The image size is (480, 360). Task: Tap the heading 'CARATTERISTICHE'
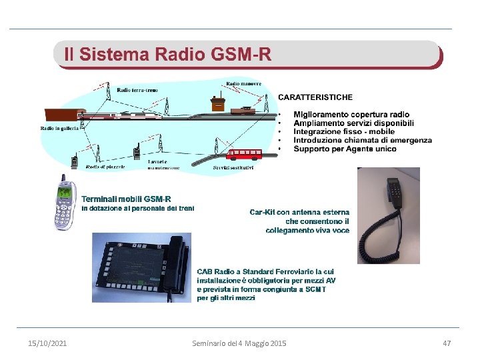[315, 97]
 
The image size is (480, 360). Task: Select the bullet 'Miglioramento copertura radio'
[351, 115]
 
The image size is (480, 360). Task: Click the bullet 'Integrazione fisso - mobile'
[344, 132]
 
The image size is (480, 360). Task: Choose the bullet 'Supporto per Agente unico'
[345, 149]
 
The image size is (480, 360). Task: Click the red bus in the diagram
[245, 155]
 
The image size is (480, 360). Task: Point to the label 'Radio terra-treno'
[137, 90]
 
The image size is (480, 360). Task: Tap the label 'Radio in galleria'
[59, 128]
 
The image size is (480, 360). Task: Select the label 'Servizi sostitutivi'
[233, 167]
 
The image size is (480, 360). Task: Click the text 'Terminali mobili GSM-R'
[126, 199]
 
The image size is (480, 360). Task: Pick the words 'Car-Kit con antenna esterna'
[299, 212]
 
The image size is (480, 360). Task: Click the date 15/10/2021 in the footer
[47, 343]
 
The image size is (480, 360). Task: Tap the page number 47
[447, 343]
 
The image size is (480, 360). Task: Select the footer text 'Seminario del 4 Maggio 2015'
[239, 343]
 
